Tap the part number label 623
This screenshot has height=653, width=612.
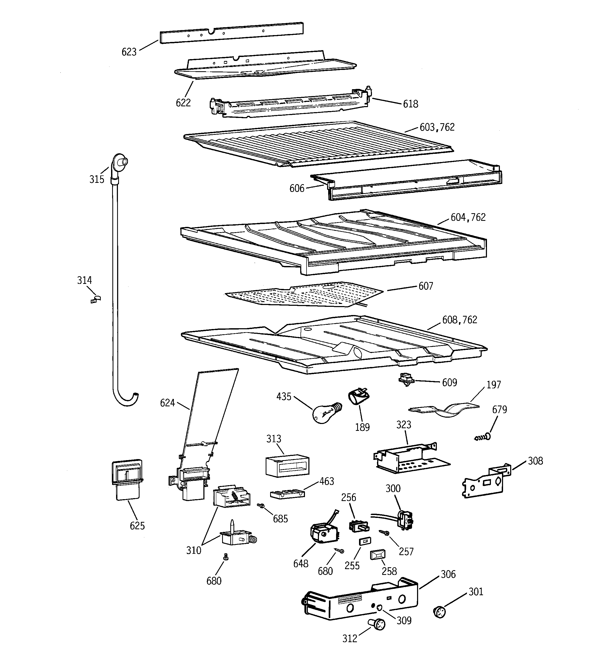pos(129,52)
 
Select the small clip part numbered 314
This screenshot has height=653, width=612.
pos(95,299)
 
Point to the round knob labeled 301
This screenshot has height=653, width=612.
pos(439,612)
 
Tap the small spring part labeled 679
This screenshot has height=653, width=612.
pos(482,437)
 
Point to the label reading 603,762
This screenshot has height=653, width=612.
pos(437,127)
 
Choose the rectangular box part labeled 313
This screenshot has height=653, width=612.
pos(287,465)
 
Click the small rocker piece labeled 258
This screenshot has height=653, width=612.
pos(377,555)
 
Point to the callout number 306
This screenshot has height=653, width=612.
pos(448,574)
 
